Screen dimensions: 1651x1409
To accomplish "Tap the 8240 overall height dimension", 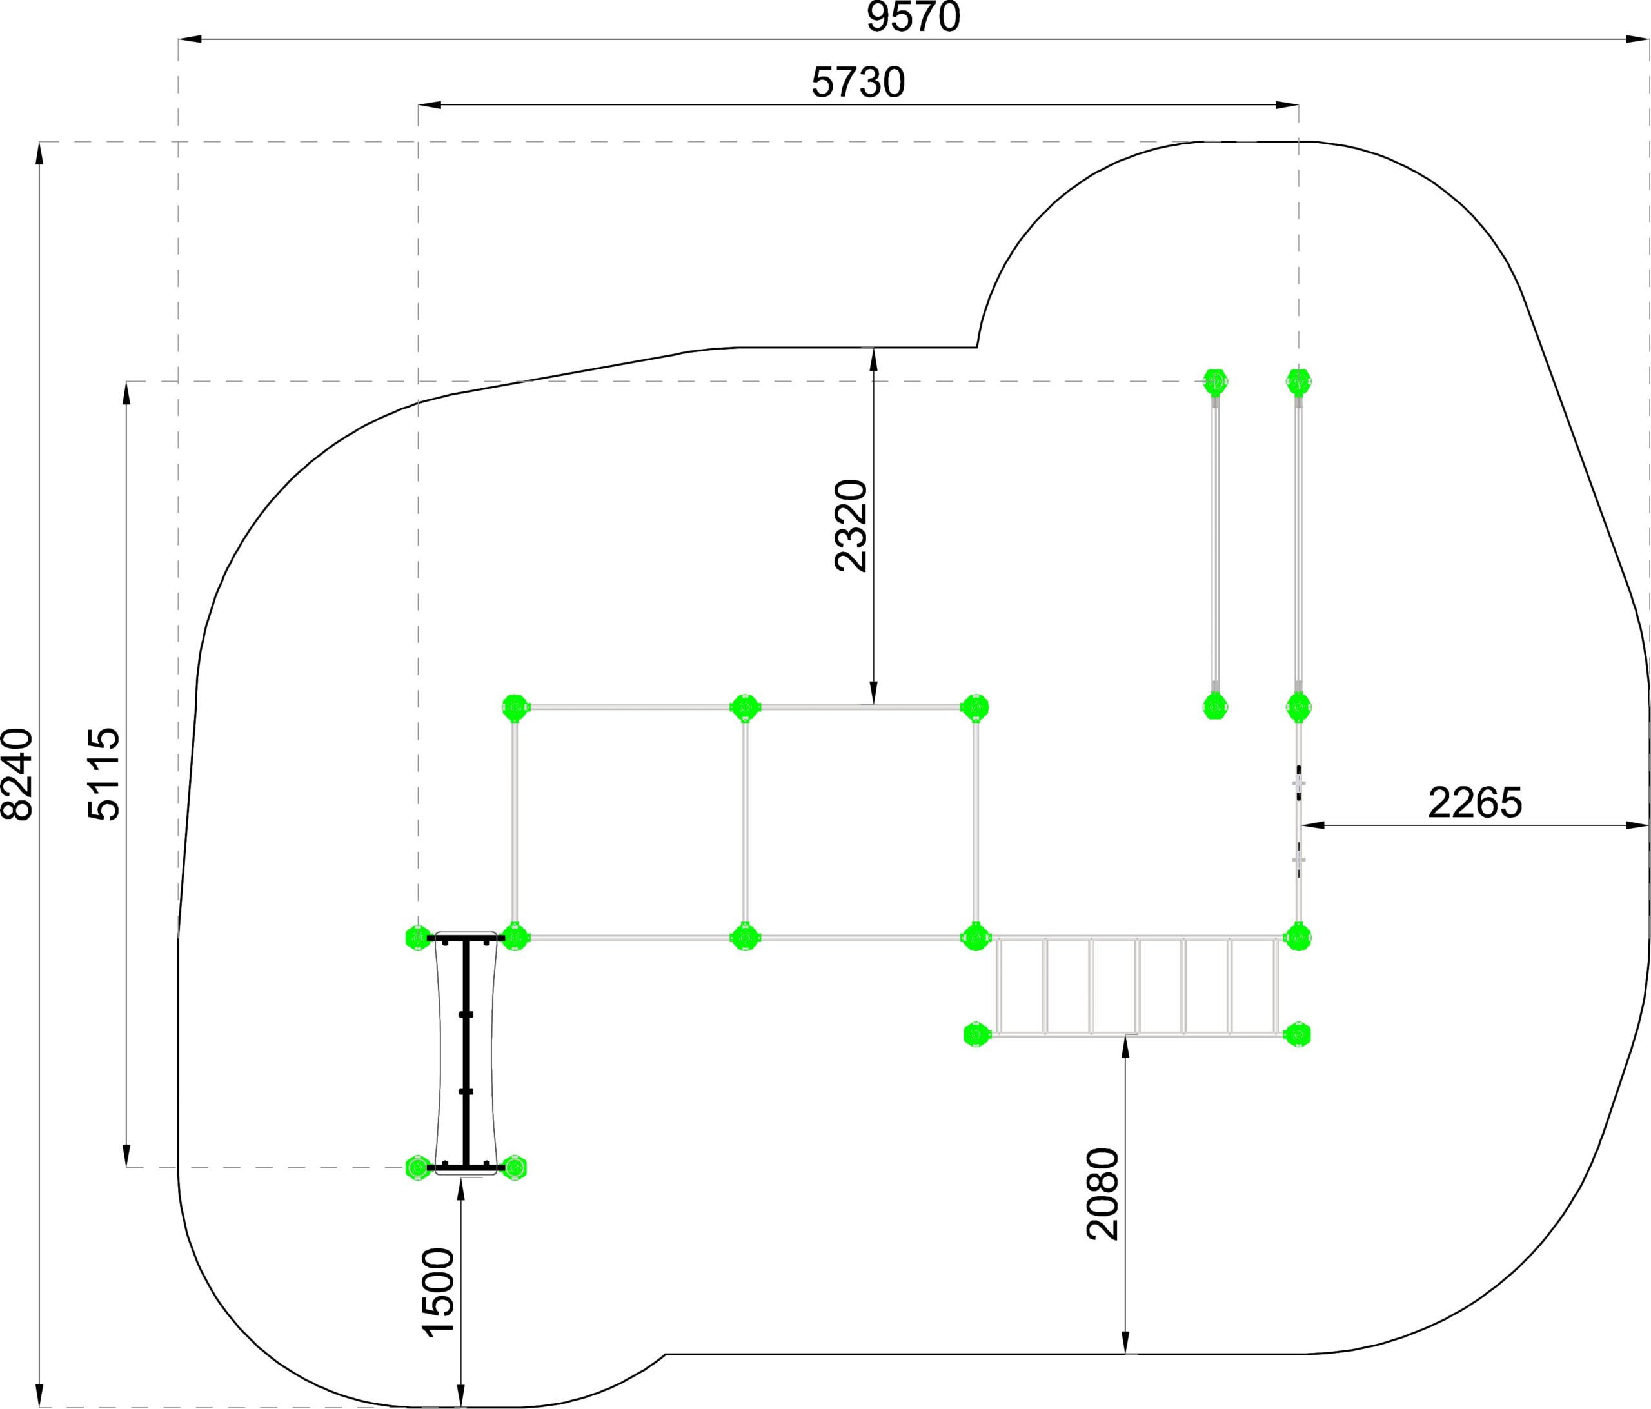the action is tap(17, 774).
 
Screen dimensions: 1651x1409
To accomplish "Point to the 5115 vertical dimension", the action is tap(104, 774).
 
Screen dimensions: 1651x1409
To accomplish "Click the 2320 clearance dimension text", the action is tap(851, 526).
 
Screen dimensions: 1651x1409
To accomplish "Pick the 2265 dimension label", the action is tap(1475, 803).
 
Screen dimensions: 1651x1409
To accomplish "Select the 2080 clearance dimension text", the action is tap(1103, 1194).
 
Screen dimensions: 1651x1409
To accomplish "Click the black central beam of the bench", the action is tap(466, 1053).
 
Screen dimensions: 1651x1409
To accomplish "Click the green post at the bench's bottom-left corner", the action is tap(417, 1168).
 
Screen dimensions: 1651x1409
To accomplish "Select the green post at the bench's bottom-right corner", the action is tap(515, 1168).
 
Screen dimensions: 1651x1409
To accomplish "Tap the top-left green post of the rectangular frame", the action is tap(515, 707).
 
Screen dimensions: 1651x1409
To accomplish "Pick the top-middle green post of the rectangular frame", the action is tap(745, 707).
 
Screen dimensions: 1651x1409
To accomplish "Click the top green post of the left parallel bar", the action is tap(1215, 382).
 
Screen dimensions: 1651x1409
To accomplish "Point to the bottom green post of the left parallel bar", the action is tap(1215, 706).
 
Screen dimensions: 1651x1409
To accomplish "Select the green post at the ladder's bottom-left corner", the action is tap(975, 1034).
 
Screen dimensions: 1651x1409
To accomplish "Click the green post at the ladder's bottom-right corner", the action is tap(1298, 1034).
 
